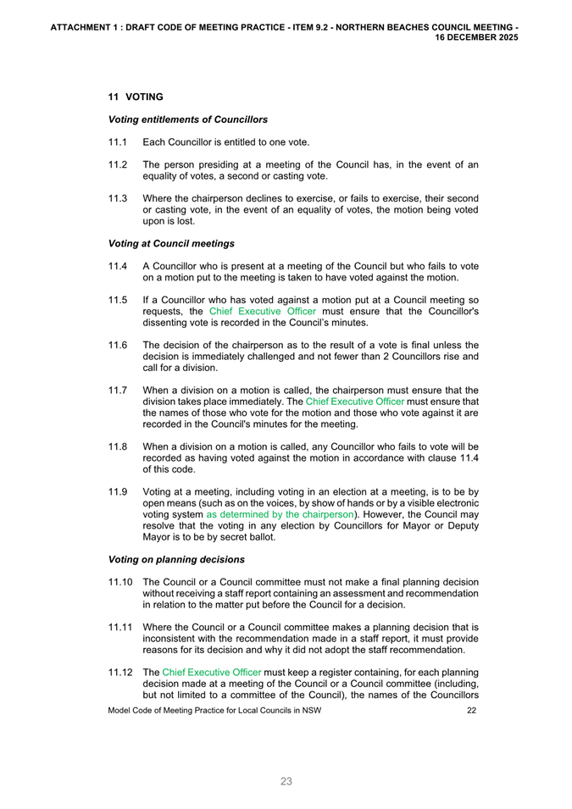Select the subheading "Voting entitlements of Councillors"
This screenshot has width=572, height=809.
click(188, 119)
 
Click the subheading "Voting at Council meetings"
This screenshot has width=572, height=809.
click(172, 244)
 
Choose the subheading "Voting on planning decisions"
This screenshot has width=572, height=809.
click(177, 560)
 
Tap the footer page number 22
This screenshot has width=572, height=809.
click(471, 710)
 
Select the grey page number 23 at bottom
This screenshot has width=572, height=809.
click(286, 782)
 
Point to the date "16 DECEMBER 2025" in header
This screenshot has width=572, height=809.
click(476, 38)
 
